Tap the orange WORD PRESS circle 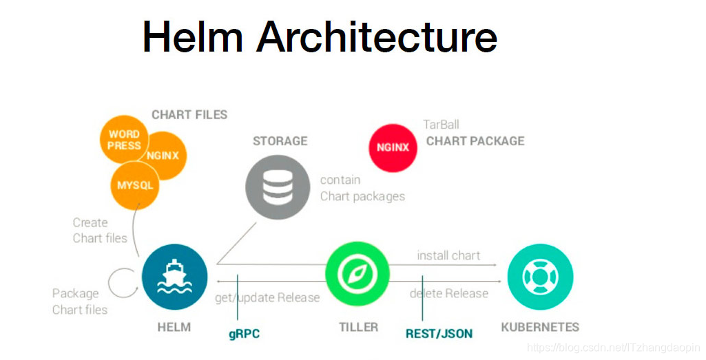tap(124, 140)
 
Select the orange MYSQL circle tap(135, 185)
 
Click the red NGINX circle tap(393, 147)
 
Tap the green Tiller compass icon tap(357, 274)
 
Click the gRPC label tap(244, 335)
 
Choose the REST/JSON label tap(439, 334)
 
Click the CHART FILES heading tap(189, 115)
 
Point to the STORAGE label tap(280, 141)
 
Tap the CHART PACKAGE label tap(475, 141)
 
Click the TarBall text tap(441, 125)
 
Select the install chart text tap(448, 255)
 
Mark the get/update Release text tap(267, 297)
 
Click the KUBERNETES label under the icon tap(540, 327)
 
